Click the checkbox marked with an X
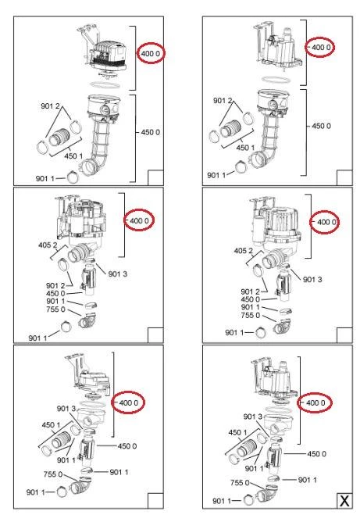click(x=344, y=501)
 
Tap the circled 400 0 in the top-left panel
click(x=151, y=53)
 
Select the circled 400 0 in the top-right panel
click(x=321, y=48)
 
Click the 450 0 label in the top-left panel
click(x=151, y=132)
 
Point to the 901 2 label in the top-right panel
click(x=223, y=101)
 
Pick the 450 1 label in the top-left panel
click(x=73, y=156)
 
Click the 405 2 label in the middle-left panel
click(x=48, y=245)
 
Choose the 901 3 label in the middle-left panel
click(x=117, y=274)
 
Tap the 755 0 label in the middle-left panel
click(x=55, y=309)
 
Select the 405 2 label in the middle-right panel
click(x=244, y=251)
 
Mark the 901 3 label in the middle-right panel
click(x=312, y=280)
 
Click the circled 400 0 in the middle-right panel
click(x=326, y=222)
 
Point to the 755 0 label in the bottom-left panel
click(x=53, y=474)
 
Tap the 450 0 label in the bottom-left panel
click(x=127, y=446)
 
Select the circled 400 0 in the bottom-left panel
click(x=129, y=402)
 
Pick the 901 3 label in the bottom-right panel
click(x=253, y=417)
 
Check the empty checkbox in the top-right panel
click(x=344, y=177)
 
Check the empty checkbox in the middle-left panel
click(x=155, y=335)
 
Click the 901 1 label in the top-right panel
click(x=216, y=175)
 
